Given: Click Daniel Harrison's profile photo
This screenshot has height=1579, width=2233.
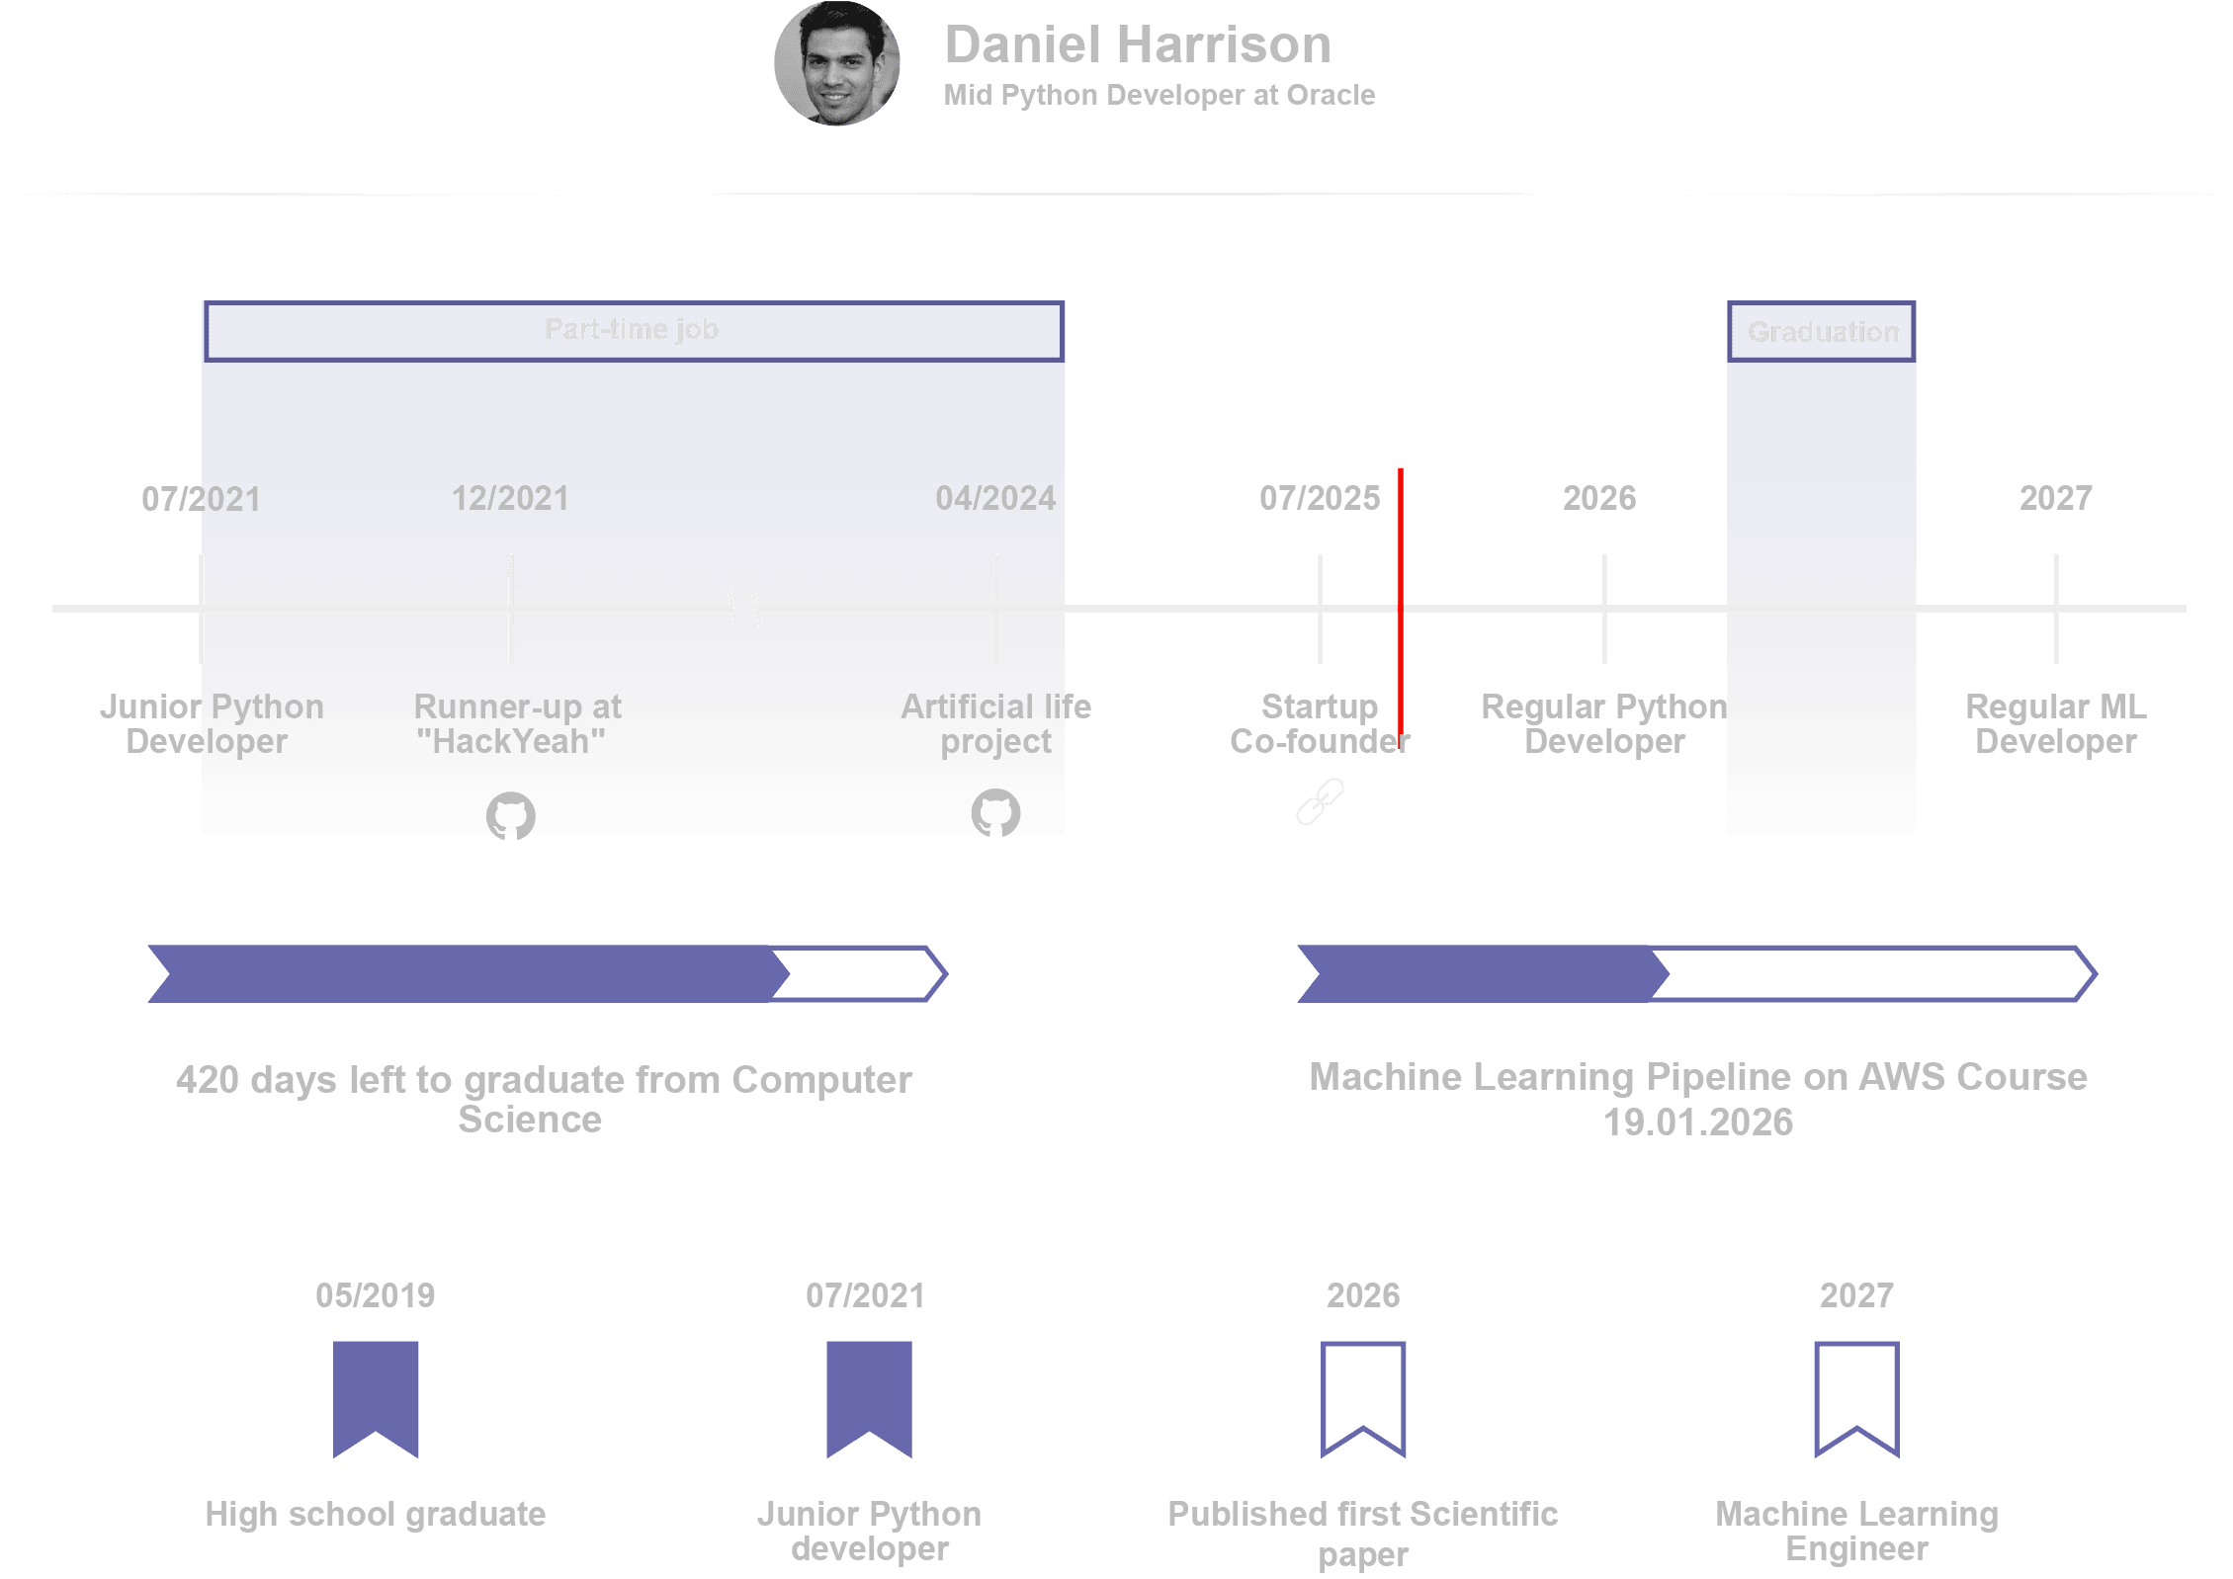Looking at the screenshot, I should coord(836,64).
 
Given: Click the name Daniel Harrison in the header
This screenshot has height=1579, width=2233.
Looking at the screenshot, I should coord(1137,45).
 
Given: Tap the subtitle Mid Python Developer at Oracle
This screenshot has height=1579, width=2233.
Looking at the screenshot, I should coord(1159,95).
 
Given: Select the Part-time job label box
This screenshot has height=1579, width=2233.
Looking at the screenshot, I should coord(632,330).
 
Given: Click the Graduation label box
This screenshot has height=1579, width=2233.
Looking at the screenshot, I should coord(1822,332).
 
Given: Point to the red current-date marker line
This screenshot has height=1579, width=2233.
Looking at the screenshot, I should coord(1400,593).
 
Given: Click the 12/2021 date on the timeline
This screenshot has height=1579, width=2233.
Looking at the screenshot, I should coord(510,498).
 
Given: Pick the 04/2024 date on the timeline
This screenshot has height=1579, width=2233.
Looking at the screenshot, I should coord(995,498).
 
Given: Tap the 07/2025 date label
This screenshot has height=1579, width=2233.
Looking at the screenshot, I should coord(1319,498).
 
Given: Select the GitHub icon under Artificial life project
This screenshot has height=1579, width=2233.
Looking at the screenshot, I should coord(994,813).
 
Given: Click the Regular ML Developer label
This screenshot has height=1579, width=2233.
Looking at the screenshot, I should coord(2055,724).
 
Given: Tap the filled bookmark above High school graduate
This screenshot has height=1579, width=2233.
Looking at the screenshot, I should coord(376,1397).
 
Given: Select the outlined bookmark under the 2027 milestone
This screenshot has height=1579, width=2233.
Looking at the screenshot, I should coord(1855,1397).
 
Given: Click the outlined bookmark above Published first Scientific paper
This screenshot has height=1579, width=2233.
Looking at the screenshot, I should coord(1363,1397).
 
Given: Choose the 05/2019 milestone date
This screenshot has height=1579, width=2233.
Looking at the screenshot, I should coord(376,1295).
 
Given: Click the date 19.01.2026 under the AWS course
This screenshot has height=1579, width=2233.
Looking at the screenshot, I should coord(1697,1122).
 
